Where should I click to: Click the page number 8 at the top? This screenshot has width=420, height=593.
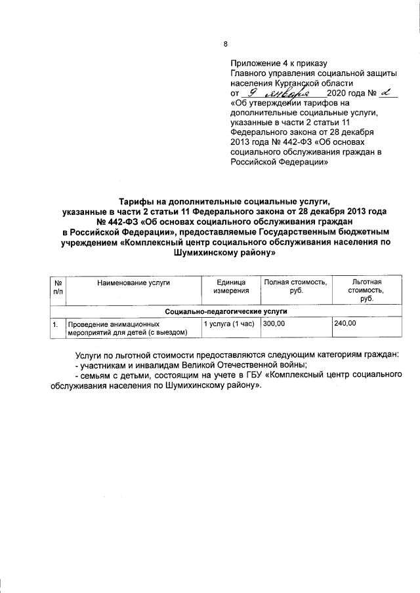[226, 44]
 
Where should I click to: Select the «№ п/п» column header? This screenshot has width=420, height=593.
[58, 286]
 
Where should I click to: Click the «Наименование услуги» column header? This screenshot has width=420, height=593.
[133, 282]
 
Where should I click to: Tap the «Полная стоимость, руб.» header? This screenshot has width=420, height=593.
[296, 286]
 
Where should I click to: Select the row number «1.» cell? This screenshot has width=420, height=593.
[58, 324]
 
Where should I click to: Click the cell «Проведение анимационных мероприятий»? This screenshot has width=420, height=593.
[127, 328]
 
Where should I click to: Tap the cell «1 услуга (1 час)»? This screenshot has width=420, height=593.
[228, 324]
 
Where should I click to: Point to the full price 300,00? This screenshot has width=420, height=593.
[275, 324]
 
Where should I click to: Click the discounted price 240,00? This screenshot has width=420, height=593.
[345, 324]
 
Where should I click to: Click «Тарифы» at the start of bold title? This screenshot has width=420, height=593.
[136, 201]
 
